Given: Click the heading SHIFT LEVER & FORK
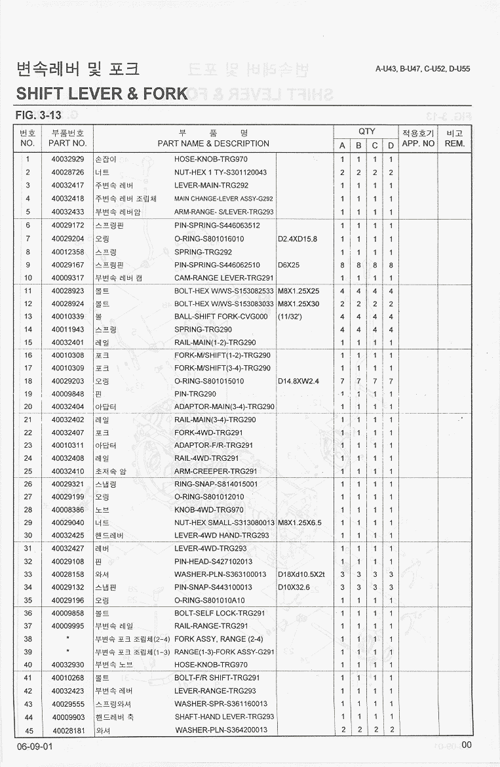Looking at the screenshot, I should [x=102, y=93].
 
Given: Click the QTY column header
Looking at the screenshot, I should [x=366, y=132].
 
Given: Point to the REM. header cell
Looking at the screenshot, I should [x=455, y=143].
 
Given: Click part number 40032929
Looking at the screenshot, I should [x=67, y=159].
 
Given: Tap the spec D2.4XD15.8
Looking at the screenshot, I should [x=298, y=239].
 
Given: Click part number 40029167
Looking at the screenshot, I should [x=67, y=265].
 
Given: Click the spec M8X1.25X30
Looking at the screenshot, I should [x=299, y=304].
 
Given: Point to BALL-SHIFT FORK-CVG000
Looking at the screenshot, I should [x=221, y=317].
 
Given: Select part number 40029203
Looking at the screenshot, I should [x=67, y=381].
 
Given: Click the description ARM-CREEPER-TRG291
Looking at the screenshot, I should [x=215, y=471].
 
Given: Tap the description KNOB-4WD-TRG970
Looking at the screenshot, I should [x=209, y=510].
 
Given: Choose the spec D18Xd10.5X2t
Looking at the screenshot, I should [x=301, y=574].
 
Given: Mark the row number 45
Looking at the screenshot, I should [x=28, y=730].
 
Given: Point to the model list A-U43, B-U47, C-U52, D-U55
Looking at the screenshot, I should [x=423, y=69].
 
